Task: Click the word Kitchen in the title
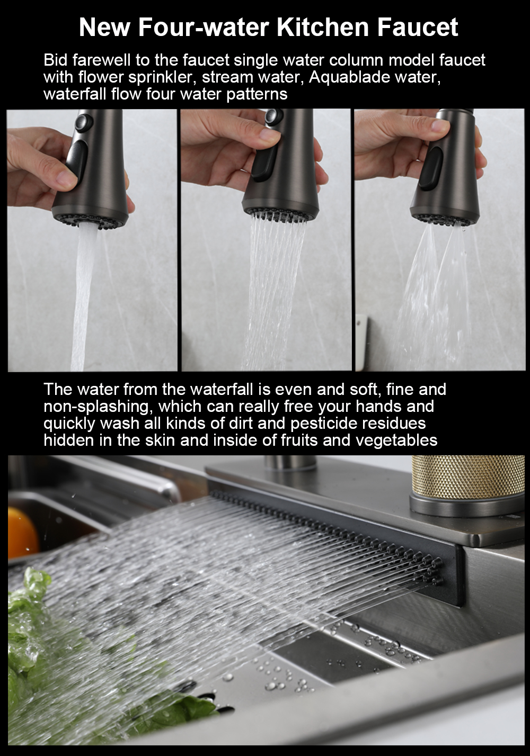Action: coord(323,28)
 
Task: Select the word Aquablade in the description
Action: coord(349,77)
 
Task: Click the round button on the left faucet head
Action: coord(83,124)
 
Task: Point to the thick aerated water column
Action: coord(83,297)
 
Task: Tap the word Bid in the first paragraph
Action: coord(56,60)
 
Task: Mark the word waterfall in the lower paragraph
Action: coord(221,390)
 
